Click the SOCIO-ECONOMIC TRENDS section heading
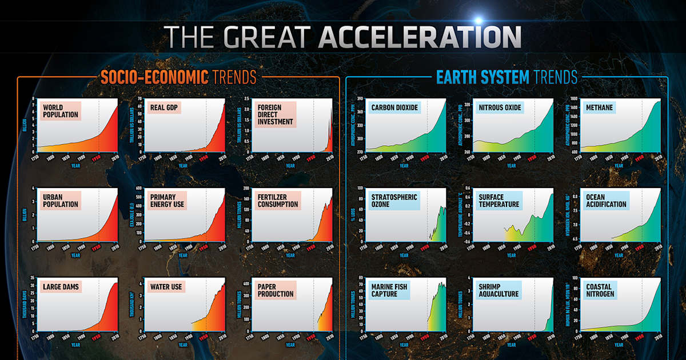click(x=178, y=77)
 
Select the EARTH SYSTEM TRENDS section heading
click(x=506, y=77)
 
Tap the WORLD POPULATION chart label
click(x=60, y=111)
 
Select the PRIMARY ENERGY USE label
click(x=167, y=200)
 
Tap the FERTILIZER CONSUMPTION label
click(x=278, y=200)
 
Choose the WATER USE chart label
click(x=165, y=286)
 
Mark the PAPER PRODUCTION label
click(x=276, y=290)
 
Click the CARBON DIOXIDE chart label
click(x=394, y=107)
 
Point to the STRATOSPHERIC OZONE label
click(x=394, y=200)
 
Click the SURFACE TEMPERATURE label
click(x=499, y=200)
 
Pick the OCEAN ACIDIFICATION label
click(x=607, y=200)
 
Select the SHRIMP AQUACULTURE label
click(x=499, y=290)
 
